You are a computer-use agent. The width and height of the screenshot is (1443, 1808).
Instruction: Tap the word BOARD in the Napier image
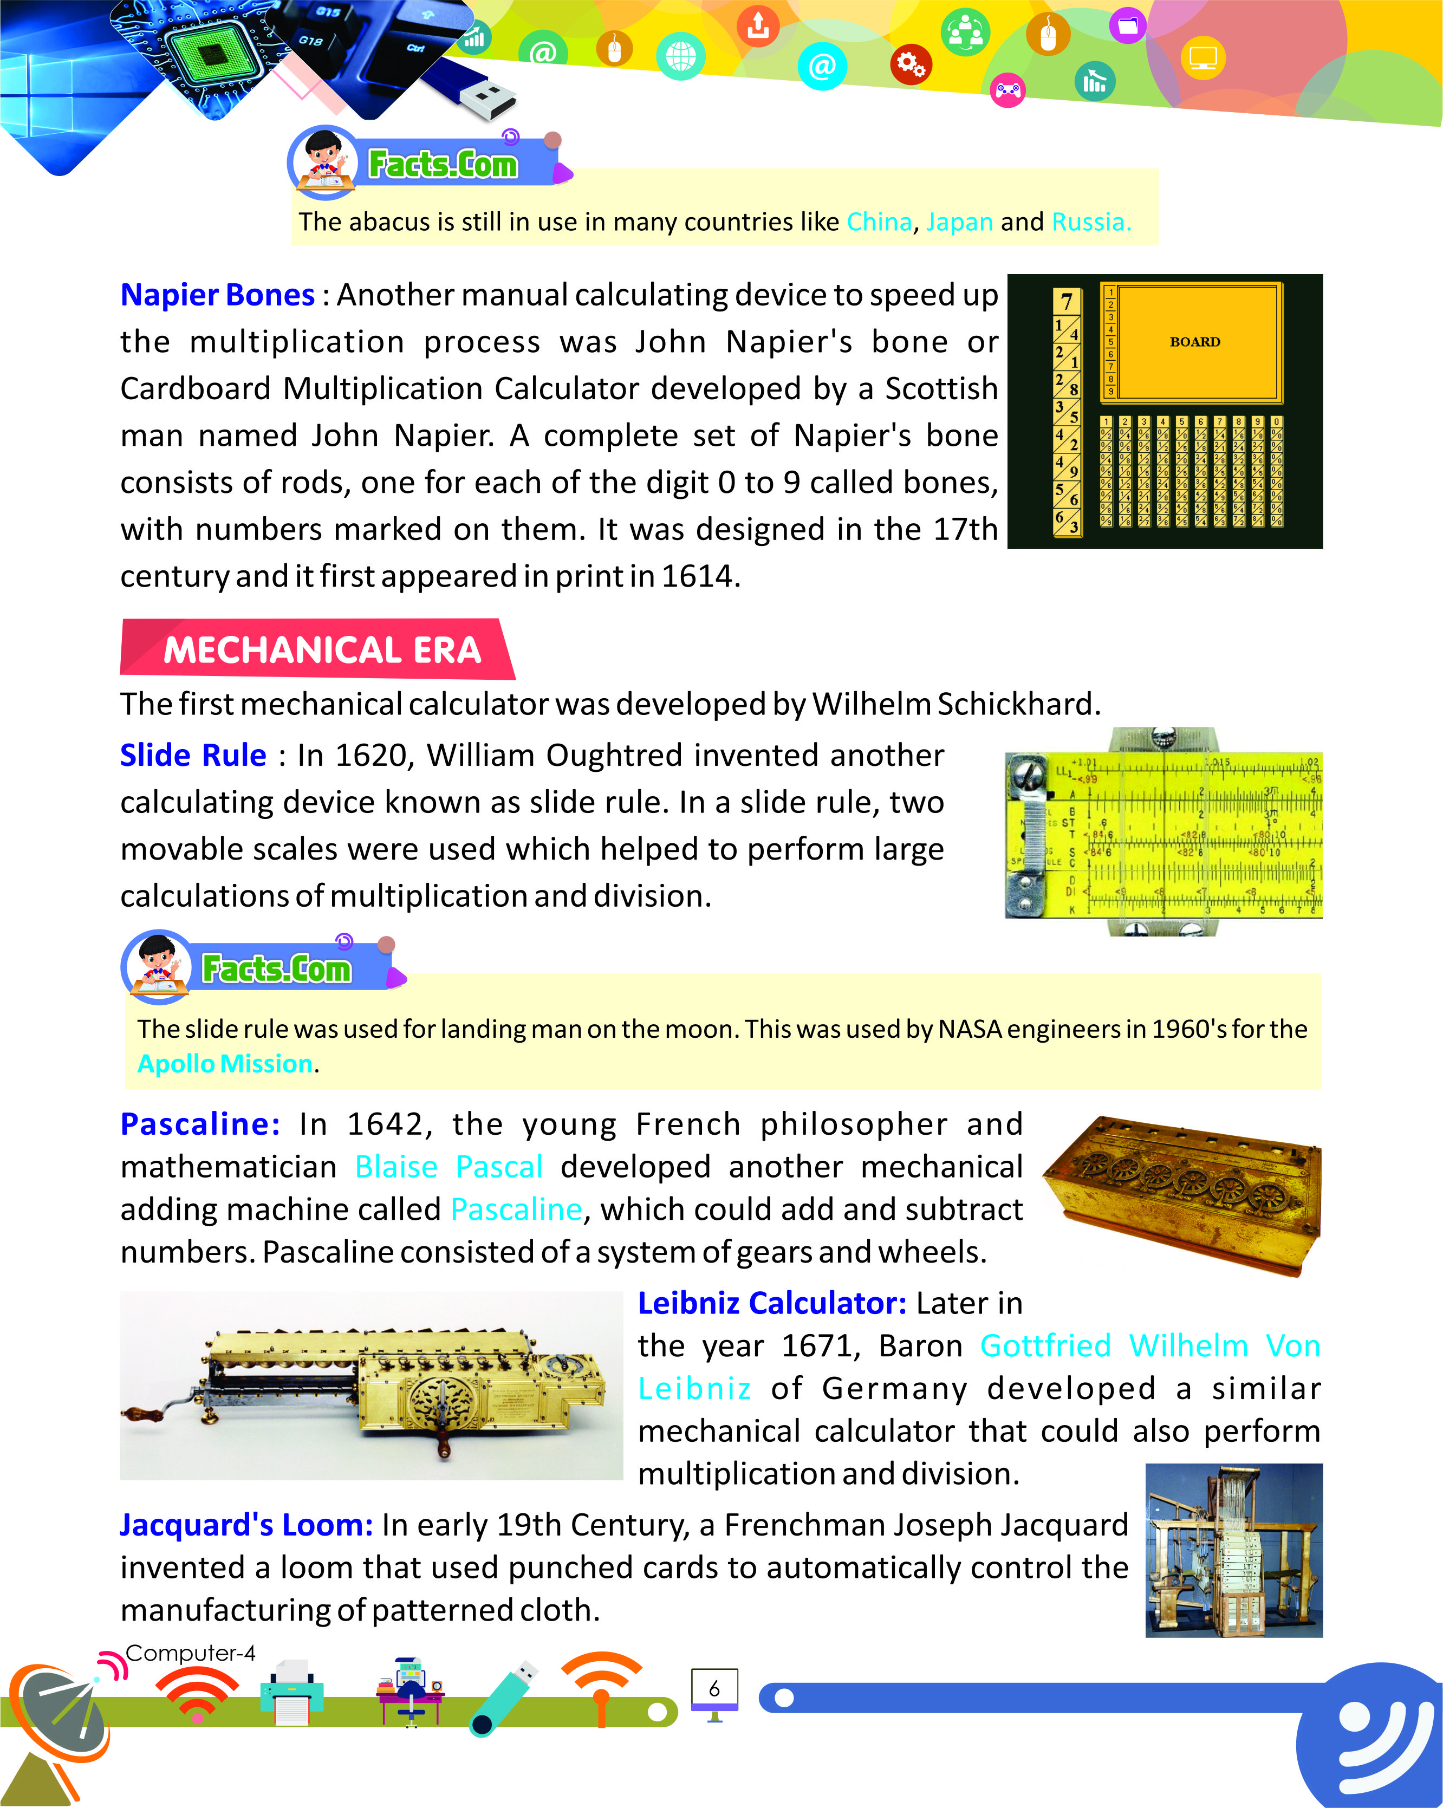point(1195,342)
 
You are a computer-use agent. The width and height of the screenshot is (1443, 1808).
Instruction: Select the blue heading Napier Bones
point(217,295)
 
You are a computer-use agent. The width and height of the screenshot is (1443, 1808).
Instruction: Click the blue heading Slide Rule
point(193,756)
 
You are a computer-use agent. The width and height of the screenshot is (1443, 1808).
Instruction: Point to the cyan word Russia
point(1091,222)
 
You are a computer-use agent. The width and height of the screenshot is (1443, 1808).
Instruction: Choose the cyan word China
point(879,222)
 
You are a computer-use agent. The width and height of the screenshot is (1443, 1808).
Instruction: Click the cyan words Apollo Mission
point(225,1063)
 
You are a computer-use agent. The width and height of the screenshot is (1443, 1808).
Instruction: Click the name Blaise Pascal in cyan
point(448,1167)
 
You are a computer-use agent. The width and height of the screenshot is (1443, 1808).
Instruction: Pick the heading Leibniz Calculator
point(771,1303)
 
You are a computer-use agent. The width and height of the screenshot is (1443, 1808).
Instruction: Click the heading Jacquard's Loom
point(246,1525)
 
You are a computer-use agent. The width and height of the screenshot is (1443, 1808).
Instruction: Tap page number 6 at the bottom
point(714,1688)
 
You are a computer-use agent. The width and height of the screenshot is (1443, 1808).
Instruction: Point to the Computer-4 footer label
point(190,1653)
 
